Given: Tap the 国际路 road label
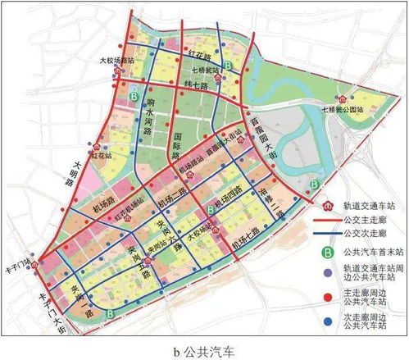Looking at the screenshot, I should coord(176,139).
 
